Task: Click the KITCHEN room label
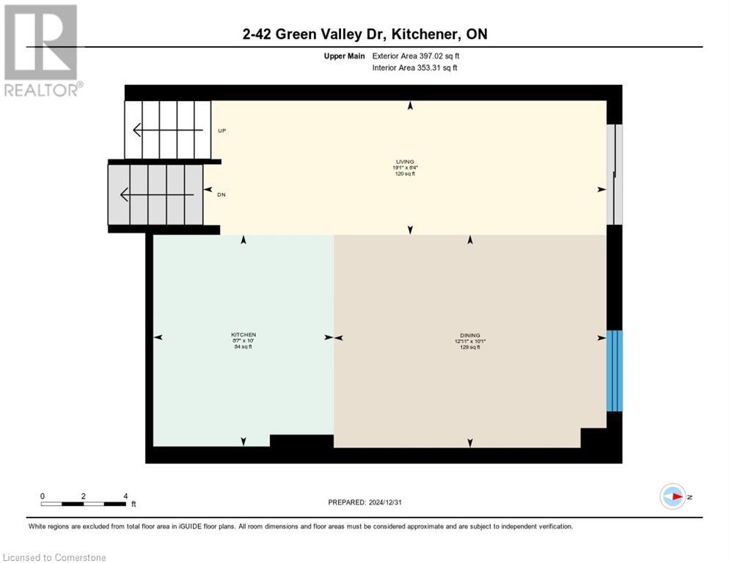243,334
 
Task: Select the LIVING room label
410,161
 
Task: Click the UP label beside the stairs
221,130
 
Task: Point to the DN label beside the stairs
221,194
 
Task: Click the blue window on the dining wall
615,370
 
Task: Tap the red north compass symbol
673,496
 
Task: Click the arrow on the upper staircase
167,130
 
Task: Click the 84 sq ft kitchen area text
243,347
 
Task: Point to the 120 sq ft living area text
410,174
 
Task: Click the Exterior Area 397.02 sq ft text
416,56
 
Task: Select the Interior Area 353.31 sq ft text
416,68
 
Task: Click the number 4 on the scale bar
125,496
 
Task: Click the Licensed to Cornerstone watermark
55,558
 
